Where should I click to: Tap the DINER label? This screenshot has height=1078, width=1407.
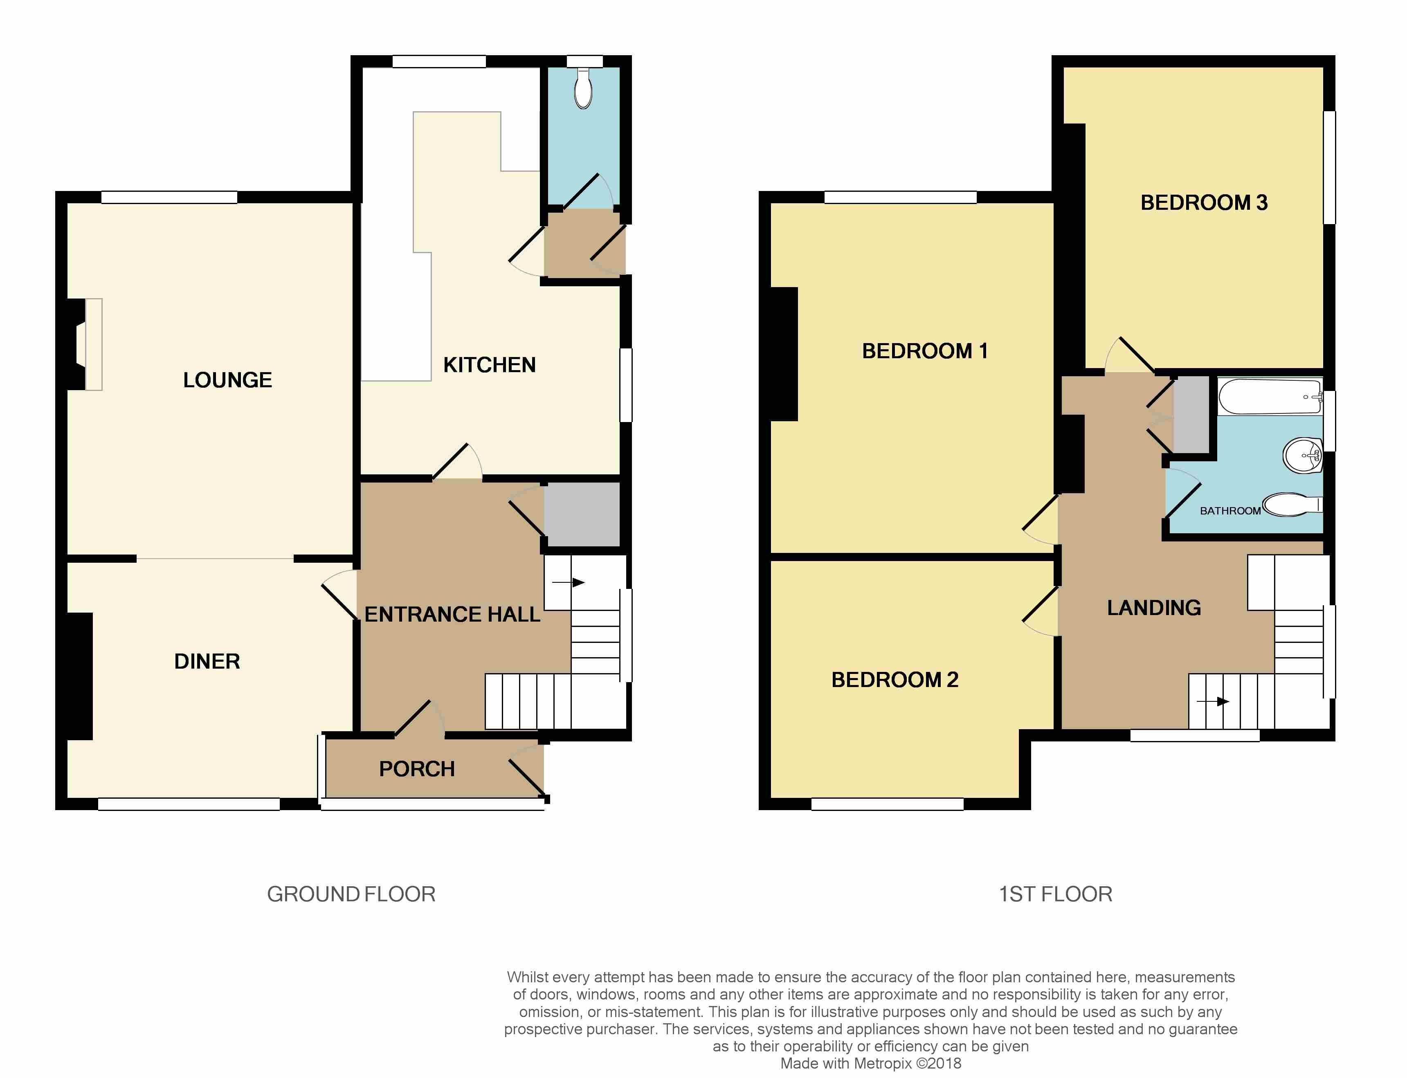207,662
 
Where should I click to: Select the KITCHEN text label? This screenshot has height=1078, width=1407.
490,365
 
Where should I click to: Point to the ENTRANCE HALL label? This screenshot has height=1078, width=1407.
452,614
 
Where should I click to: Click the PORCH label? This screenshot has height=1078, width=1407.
417,769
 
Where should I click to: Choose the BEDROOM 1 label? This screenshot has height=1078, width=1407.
924,351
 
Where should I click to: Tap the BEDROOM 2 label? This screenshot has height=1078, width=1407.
895,680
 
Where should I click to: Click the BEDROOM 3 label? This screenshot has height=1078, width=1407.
1204,203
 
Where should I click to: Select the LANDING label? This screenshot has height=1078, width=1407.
1154,608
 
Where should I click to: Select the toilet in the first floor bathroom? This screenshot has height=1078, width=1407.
1292,504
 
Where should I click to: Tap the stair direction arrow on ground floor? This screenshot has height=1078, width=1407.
568,583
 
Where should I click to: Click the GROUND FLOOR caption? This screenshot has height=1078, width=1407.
352,894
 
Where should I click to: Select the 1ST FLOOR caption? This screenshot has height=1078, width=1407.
1055,894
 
